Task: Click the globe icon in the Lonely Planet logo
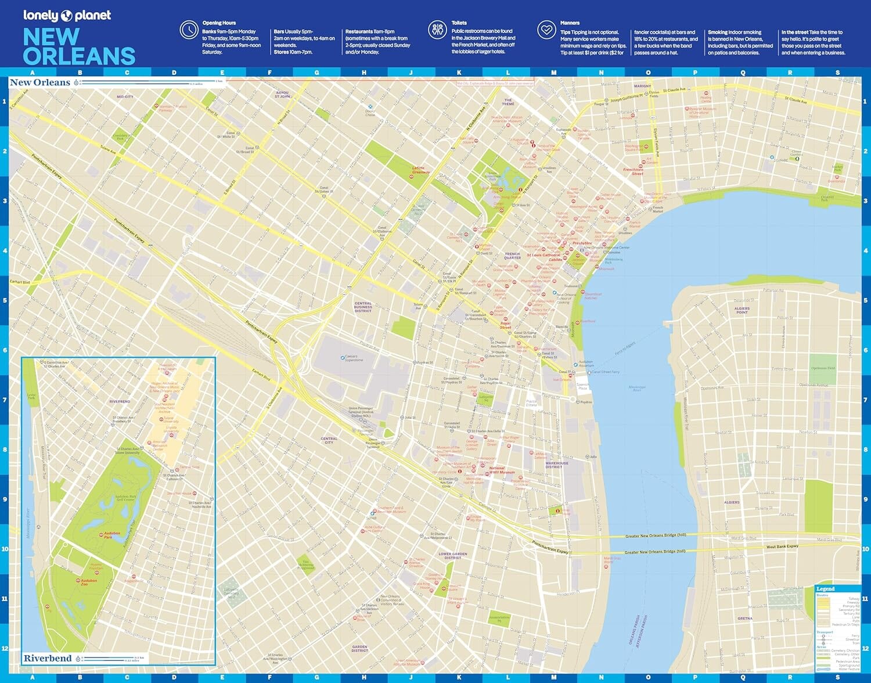pyautogui.click(x=66, y=16)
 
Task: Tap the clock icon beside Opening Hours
pyautogui.click(x=189, y=30)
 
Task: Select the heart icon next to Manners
pyautogui.click(x=546, y=30)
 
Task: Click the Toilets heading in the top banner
pyautogui.click(x=459, y=23)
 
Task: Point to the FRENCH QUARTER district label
pyautogui.click(x=512, y=256)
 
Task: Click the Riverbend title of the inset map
pyautogui.click(x=48, y=658)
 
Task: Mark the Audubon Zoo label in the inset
pyautogui.click(x=89, y=582)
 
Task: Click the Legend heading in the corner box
pyautogui.click(x=825, y=589)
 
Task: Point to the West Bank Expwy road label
pyautogui.click(x=782, y=547)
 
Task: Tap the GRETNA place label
pyautogui.click(x=745, y=619)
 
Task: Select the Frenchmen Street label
pyautogui.click(x=633, y=171)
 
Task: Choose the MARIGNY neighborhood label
pyautogui.click(x=642, y=86)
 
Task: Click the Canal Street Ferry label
pyautogui.click(x=606, y=372)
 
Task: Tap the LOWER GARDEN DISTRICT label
pyautogui.click(x=453, y=556)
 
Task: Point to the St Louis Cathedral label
pyautogui.click(x=544, y=255)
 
